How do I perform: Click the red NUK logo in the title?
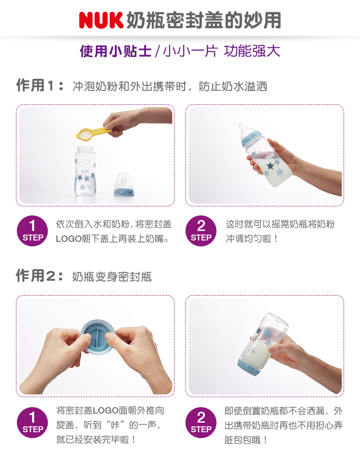pos(101,20)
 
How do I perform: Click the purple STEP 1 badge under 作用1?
pos(32,231)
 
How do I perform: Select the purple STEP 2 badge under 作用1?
pos(201,231)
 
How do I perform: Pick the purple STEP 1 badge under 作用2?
pos(32,423)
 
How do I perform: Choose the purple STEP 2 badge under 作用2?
pos(201,423)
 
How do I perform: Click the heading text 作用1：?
pos(40,86)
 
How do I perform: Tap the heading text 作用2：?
pos(40,276)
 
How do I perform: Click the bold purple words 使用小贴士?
pos(115,51)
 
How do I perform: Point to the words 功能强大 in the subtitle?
pos(252,51)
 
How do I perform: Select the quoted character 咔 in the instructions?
pos(115,425)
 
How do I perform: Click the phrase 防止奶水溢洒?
pos(233,86)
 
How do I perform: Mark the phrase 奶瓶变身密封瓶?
pos(112,276)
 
